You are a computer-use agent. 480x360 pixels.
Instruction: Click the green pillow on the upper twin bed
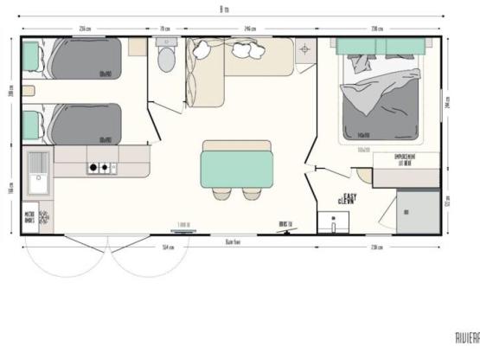[x=31, y=57]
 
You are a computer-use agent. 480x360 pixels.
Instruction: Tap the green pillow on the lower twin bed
[x=31, y=125]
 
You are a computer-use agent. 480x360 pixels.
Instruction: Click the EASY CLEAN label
[x=349, y=199]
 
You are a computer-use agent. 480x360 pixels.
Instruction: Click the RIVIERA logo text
[x=466, y=338]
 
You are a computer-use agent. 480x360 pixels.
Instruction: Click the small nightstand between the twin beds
[x=29, y=91]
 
